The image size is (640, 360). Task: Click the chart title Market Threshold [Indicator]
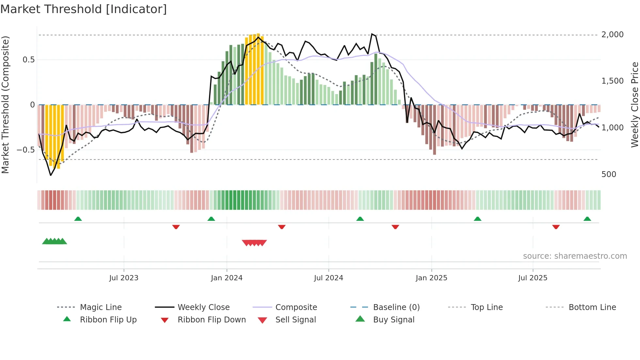point(84,9)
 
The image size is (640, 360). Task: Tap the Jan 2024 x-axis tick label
point(227,278)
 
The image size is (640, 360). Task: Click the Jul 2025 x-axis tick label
point(533,278)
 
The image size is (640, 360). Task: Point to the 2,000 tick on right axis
point(612,35)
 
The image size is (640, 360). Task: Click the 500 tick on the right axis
point(609,174)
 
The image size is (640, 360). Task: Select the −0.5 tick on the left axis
point(25,150)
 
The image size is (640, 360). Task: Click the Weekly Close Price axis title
point(634,105)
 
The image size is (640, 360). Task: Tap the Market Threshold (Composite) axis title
point(5,105)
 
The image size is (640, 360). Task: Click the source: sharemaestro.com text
point(575,256)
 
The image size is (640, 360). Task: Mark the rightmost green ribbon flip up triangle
point(587,219)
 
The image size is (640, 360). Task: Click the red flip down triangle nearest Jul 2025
point(556,227)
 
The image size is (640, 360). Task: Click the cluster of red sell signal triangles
point(254,243)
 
